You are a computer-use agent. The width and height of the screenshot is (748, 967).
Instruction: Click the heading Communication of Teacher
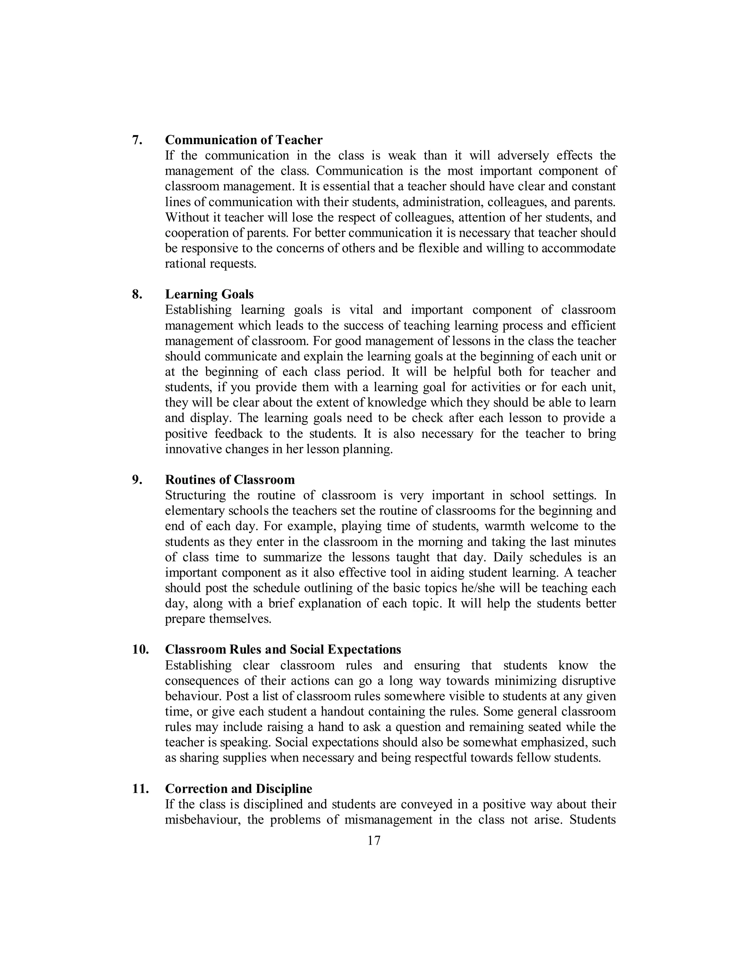pos(244,140)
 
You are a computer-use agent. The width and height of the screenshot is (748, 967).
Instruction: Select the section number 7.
pos(137,140)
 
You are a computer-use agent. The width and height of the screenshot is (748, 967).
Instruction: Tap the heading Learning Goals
pos(209,294)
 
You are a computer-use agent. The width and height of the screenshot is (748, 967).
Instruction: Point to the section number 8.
pos(137,294)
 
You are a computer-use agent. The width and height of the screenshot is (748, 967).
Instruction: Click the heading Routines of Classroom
pos(229,480)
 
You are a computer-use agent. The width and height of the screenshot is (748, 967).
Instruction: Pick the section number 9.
pos(137,480)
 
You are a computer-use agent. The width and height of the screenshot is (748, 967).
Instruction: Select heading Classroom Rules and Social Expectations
pos(283,650)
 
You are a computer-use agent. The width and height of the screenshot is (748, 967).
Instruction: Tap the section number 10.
pos(140,650)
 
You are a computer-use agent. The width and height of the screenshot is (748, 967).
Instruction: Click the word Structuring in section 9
pos(195,496)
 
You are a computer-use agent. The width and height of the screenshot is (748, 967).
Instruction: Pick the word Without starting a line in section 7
pos(186,217)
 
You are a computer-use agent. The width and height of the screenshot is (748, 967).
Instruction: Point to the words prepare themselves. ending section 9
pos(218,619)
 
